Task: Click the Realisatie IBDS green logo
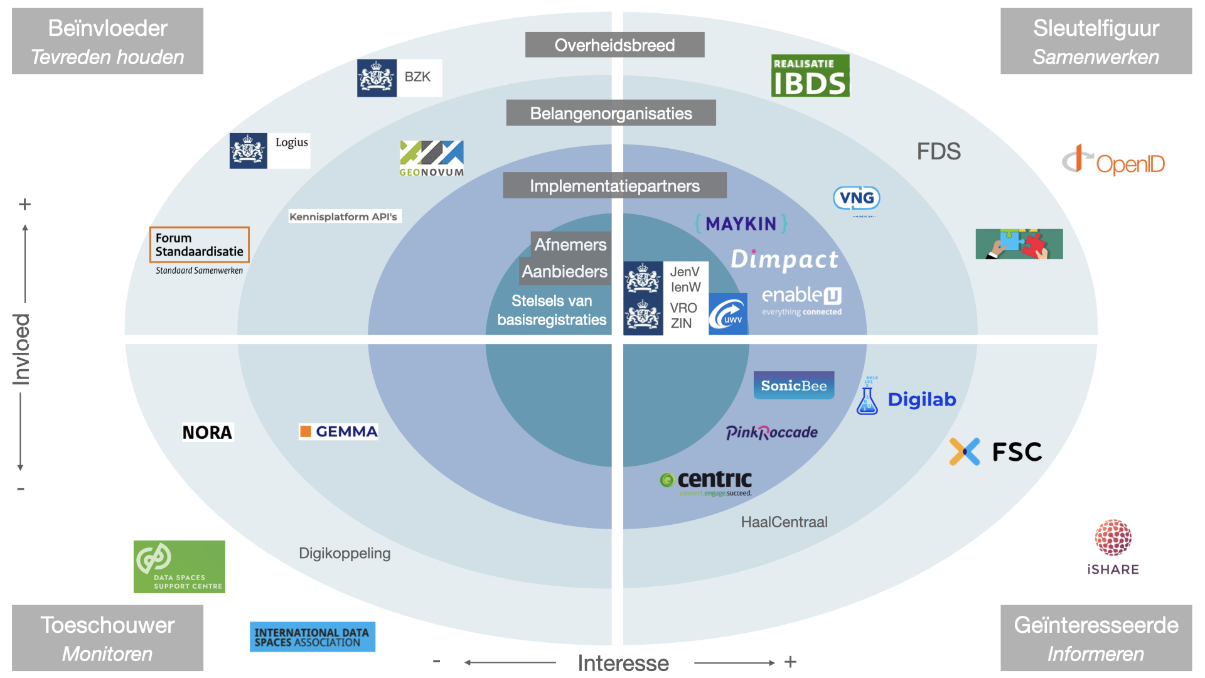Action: coord(810,76)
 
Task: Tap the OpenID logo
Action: coord(1113,161)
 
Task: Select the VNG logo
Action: coord(856,198)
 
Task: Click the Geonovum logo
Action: coord(432,159)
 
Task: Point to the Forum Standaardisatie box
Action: coord(199,245)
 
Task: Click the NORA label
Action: coord(207,433)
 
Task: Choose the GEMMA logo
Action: coord(338,431)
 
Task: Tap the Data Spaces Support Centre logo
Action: coord(179,566)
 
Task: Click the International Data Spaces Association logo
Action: coord(312,637)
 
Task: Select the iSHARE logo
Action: coord(1113,547)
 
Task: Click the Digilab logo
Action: coord(906,399)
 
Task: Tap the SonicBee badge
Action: coord(793,385)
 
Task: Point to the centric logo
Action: coord(706,482)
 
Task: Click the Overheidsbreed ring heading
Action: coord(614,45)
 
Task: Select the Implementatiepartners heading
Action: coord(614,186)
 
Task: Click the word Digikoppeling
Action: coord(345,553)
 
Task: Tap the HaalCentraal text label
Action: coord(784,522)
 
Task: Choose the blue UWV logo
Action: coord(727,314)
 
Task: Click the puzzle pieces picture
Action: coord(1019,244)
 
